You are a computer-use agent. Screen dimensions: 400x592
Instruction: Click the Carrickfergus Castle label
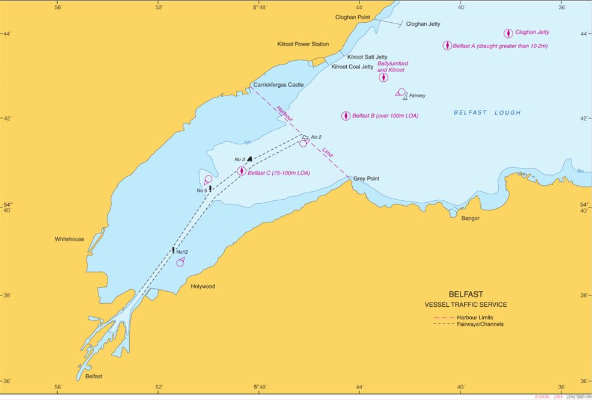click(x=278, y=85)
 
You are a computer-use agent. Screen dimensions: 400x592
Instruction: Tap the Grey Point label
click(x=366, y=179)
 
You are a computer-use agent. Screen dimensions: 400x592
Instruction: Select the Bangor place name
click(x=470, y=218)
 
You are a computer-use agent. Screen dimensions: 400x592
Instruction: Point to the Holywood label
click(x=203, y=286)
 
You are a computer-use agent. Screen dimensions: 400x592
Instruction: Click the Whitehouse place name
click(x=70, y=239)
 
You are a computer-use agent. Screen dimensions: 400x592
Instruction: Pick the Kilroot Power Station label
click(x=303, y=44)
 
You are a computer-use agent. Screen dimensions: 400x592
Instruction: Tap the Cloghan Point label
click(x=352, y=17)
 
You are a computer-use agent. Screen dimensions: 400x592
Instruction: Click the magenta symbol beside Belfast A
click(x=447, y=46)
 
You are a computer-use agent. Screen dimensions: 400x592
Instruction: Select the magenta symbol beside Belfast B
click(x=346, y=116)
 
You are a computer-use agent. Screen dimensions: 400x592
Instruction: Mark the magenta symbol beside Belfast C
click(x=241, y=171)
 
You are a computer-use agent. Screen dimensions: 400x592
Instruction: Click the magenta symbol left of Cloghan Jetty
click(x=508, y=33)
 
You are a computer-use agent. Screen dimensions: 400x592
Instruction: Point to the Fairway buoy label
click(x=417, y=96)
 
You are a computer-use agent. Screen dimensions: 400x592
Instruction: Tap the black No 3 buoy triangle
click(x=249, y=159)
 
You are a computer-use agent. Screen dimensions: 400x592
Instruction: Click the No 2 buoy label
click(x=317, y=137)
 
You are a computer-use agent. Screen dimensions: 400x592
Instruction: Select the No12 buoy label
click(x=183, y=252)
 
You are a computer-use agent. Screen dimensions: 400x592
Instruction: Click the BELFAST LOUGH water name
click(x=487, y=112)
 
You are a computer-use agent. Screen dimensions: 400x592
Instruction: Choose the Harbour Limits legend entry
click(x=475, y=317)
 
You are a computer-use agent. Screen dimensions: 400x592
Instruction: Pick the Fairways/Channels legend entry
click(x=480, y=324)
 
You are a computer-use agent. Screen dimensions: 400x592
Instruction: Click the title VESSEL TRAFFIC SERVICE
click(x=466, y=305)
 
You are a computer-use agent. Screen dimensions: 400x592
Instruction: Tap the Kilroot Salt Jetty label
click(x=367, y=57)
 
